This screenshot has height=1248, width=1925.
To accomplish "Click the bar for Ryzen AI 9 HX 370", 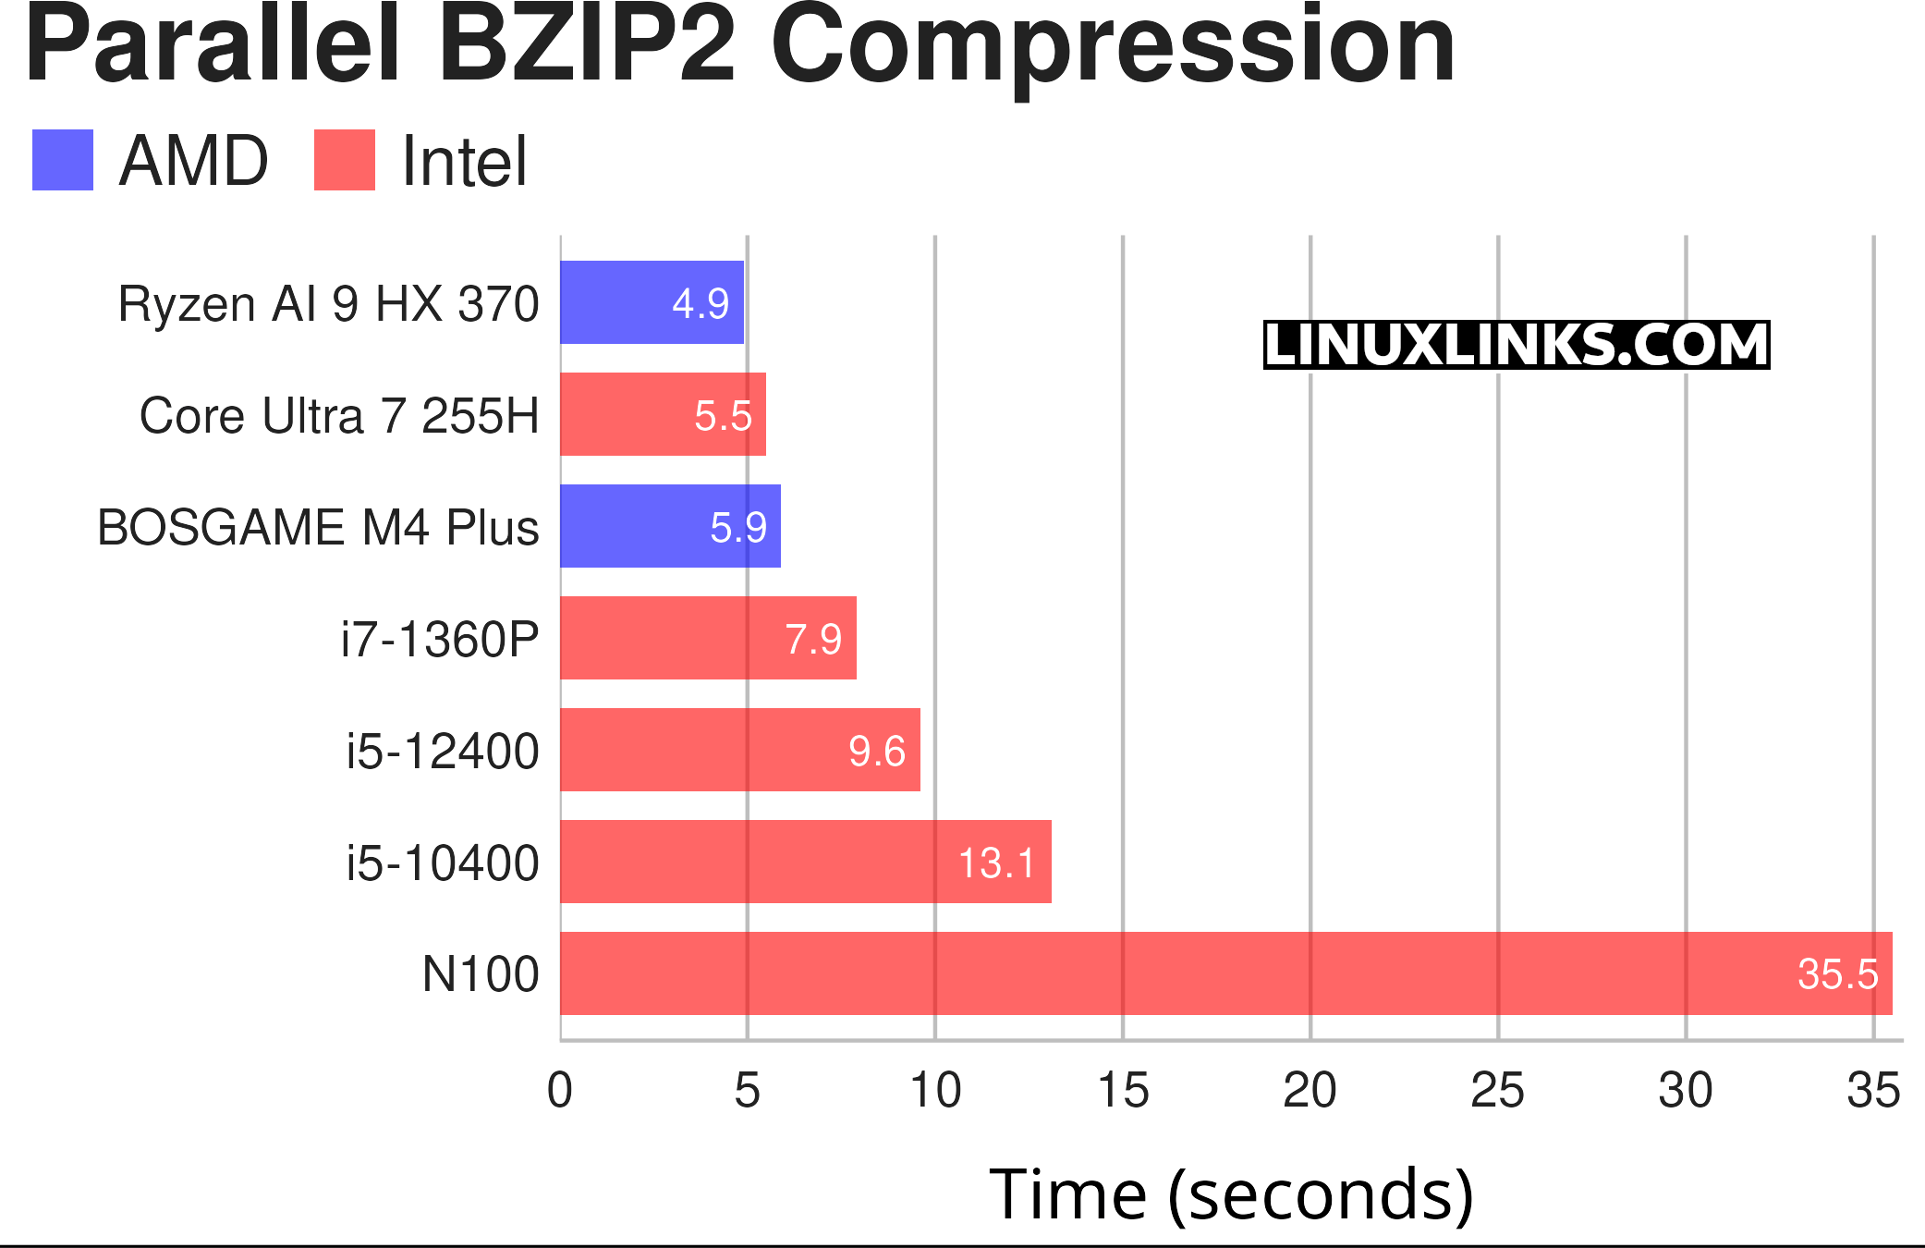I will [x=652, y=302].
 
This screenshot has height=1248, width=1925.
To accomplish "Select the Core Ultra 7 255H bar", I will [x=663, y=414].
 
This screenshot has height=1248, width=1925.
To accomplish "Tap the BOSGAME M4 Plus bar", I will [x=670, y=526].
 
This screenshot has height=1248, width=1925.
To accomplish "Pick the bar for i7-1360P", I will [x=708, y=638].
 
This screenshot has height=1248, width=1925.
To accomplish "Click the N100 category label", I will [x=481, y=974].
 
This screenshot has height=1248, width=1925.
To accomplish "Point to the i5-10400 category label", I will [x=443, y=863].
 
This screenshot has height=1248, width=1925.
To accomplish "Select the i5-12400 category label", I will [x=443, y=751].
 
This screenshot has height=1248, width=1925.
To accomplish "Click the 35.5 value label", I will [x=1837, y=974].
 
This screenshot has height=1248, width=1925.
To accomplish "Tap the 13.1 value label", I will [x=996, y=863].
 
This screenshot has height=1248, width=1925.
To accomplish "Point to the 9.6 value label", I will [x=876, y=751].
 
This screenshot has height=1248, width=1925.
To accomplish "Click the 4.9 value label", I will [x=701, y=303].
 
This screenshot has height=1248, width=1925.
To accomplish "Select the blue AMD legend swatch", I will [x=63, y=160].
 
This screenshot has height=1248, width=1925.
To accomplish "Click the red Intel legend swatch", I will [x=345, y=160].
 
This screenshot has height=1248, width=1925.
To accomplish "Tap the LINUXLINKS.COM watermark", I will [x=1516, y=345].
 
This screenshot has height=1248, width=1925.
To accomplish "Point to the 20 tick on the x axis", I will [x=1310, y=1090].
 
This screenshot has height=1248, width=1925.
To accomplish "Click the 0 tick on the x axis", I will [x=560, y=1090].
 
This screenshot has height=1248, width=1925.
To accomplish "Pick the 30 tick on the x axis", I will [x=1685, y=1090].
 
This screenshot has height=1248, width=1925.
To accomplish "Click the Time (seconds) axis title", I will [x=1231, y=1194].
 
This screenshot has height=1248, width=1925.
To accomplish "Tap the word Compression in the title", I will [x=1113, y=46].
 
